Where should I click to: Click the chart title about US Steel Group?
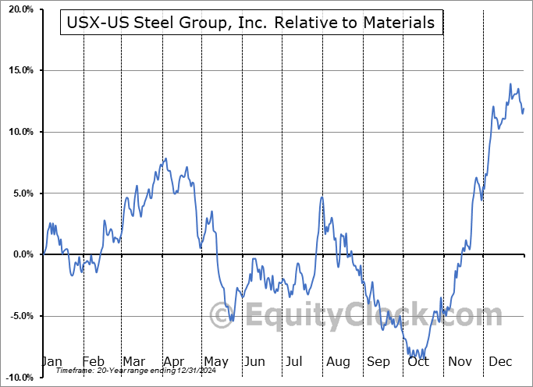click(x=252, y=23)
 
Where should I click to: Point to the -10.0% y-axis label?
click(x=18, y=377)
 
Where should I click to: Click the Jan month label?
click(x=52, y=362)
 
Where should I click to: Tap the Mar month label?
click(x=133, y=362)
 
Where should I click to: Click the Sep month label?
click(x=378, y=362)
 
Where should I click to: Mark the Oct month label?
click(x=418, y=362)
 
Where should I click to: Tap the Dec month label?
click(x=500, y=362)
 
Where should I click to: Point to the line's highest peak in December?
click(x=510, y=84)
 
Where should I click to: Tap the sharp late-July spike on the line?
click(x=322, y=197)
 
